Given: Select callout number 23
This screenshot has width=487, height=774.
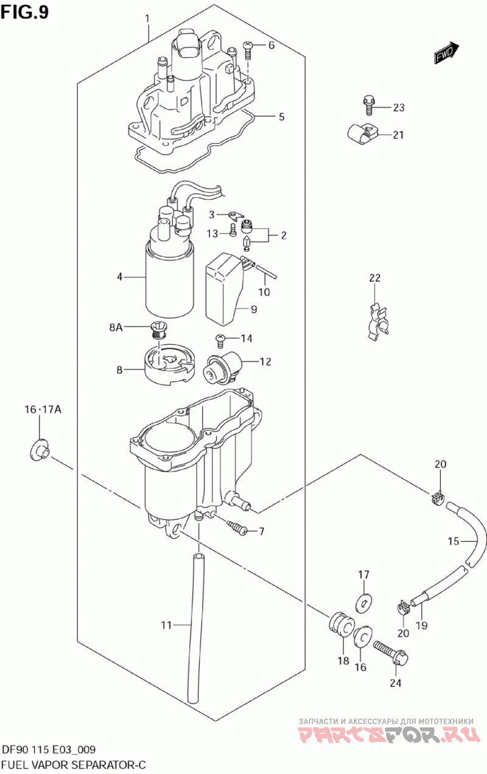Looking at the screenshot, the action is click(x=399, y=108).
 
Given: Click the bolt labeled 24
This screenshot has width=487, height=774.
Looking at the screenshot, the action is click(x=391, y=650).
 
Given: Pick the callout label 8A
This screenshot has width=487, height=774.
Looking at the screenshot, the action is click(x=116, y=327).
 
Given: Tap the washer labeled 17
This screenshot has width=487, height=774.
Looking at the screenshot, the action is click(x=364, y=602).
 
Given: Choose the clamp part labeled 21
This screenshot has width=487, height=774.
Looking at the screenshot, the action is click(x=362, y=134).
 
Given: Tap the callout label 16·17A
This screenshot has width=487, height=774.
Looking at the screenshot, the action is click(x=43, y=410).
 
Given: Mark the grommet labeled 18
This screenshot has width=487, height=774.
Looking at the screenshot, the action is click(x=340, y=626).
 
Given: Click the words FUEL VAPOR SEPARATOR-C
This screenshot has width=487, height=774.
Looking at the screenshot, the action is click(x=74, y=764).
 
